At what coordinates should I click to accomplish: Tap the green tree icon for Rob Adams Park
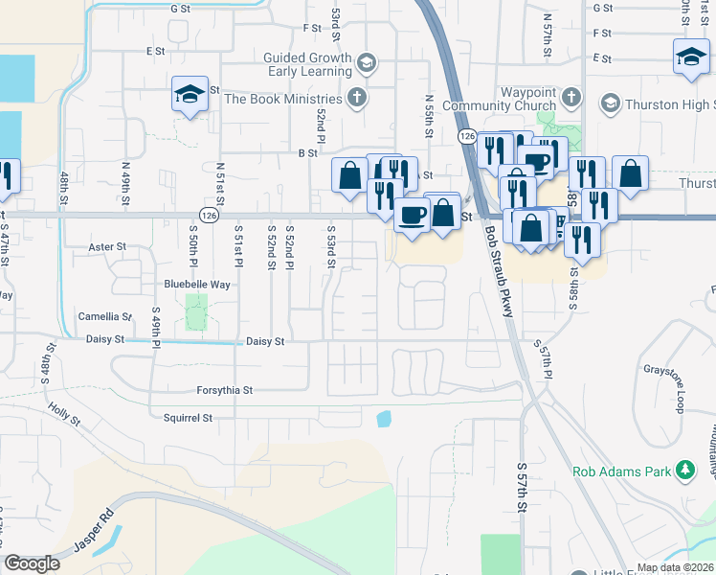pyautogui.click(x=684, y=470)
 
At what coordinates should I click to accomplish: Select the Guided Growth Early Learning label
pyautogui.click(x=308, y=64)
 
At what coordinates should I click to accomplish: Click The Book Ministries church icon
pyautogui.click(x=356, y=98)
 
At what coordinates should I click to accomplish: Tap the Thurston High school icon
pyautogui.click(x=609, y=103)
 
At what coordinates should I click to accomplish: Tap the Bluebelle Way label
pyautogui.click(x=198, y=285)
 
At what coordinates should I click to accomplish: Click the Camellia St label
pyautogui.click(x=105, y=316)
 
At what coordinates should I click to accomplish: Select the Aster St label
pyautogui.click(x=107, y=246)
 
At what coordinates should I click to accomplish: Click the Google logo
pyautogui.click(x=33, y=563)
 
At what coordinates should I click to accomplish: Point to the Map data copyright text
pyautogui.click(x=675, y=567)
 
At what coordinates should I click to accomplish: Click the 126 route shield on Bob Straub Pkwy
pyautogui.click(x=465, y=137)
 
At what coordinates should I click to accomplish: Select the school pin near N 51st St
pyautogui.click(x=190, y=95)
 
